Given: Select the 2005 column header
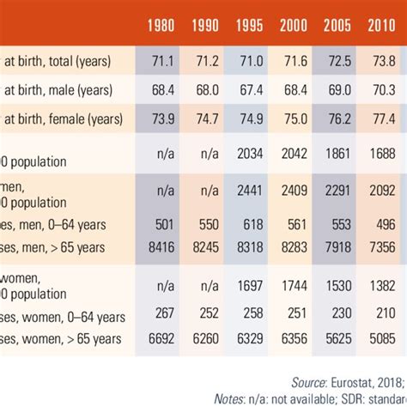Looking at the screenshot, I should coord(337,27).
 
